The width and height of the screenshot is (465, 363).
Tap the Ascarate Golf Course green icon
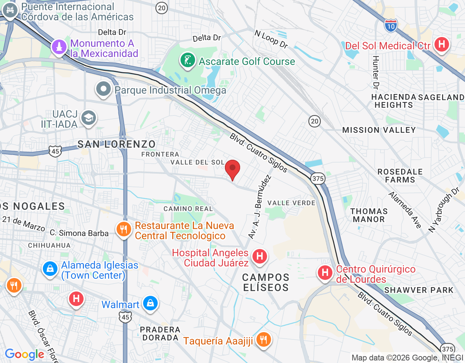[188, 61]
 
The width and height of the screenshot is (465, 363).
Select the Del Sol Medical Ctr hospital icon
[441, 45]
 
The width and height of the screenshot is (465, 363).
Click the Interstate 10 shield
[391, 26]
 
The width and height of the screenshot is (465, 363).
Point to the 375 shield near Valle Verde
[318, 178]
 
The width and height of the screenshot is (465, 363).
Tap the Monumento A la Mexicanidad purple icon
[59, 47]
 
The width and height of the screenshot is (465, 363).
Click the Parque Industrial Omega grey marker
[104, 89]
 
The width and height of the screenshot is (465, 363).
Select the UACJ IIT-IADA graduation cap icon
[89, 118]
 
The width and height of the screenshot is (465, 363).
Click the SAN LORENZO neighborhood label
[116, 144]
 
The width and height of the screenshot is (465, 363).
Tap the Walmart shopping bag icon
[150, 303]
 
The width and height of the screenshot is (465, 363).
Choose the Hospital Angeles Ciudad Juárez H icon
[259, 256]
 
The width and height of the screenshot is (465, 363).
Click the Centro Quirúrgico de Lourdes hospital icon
[325, 273]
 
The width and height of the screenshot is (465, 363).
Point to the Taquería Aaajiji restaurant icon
[263, 340]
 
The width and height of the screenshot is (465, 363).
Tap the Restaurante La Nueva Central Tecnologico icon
[124, 229]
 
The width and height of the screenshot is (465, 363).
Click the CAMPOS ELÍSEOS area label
[266, 282]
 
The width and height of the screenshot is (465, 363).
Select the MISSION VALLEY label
[379, 130]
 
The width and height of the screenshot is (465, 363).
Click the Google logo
[25, 354]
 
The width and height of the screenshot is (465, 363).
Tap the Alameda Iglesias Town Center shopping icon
[50, 269]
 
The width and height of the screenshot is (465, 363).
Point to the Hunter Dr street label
[376, 73]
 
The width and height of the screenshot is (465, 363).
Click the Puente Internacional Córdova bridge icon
[10, 11]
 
